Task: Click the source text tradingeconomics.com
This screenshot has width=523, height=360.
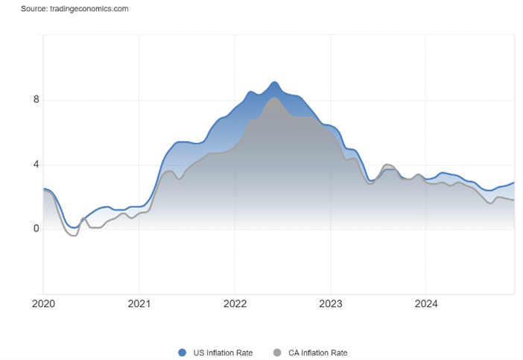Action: point(89,9)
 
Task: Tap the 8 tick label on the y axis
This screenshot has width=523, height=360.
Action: point(36,99)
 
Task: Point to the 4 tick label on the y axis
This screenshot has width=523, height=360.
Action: point(36,165)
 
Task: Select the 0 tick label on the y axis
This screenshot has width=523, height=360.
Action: point(36,229)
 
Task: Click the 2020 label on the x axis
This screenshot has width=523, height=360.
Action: point(43,303)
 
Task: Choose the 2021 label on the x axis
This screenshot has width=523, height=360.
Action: point(139,303)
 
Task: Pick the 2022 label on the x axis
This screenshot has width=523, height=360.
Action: point(235,303)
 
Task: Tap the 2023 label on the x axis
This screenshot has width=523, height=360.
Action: point(331,303)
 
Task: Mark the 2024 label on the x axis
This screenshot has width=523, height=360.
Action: point(426,303)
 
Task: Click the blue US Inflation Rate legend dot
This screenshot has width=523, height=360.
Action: point(182,353)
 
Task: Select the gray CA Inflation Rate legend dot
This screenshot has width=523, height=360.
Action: point(277,353)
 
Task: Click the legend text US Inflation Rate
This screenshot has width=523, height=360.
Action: point(223,353)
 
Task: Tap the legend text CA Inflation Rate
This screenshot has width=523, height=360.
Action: point(318,353)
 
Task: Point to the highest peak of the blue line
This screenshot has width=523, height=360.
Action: point(274,82)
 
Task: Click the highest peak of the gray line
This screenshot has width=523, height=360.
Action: point(274,98)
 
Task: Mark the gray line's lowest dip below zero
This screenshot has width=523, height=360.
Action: point(75,236)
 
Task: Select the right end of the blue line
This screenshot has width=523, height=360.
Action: point(513,183)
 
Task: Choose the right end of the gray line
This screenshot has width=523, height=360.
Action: point(513,200)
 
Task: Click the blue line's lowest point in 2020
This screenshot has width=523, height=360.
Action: point(74,228)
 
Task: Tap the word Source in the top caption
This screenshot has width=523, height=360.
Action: point(34,9)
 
